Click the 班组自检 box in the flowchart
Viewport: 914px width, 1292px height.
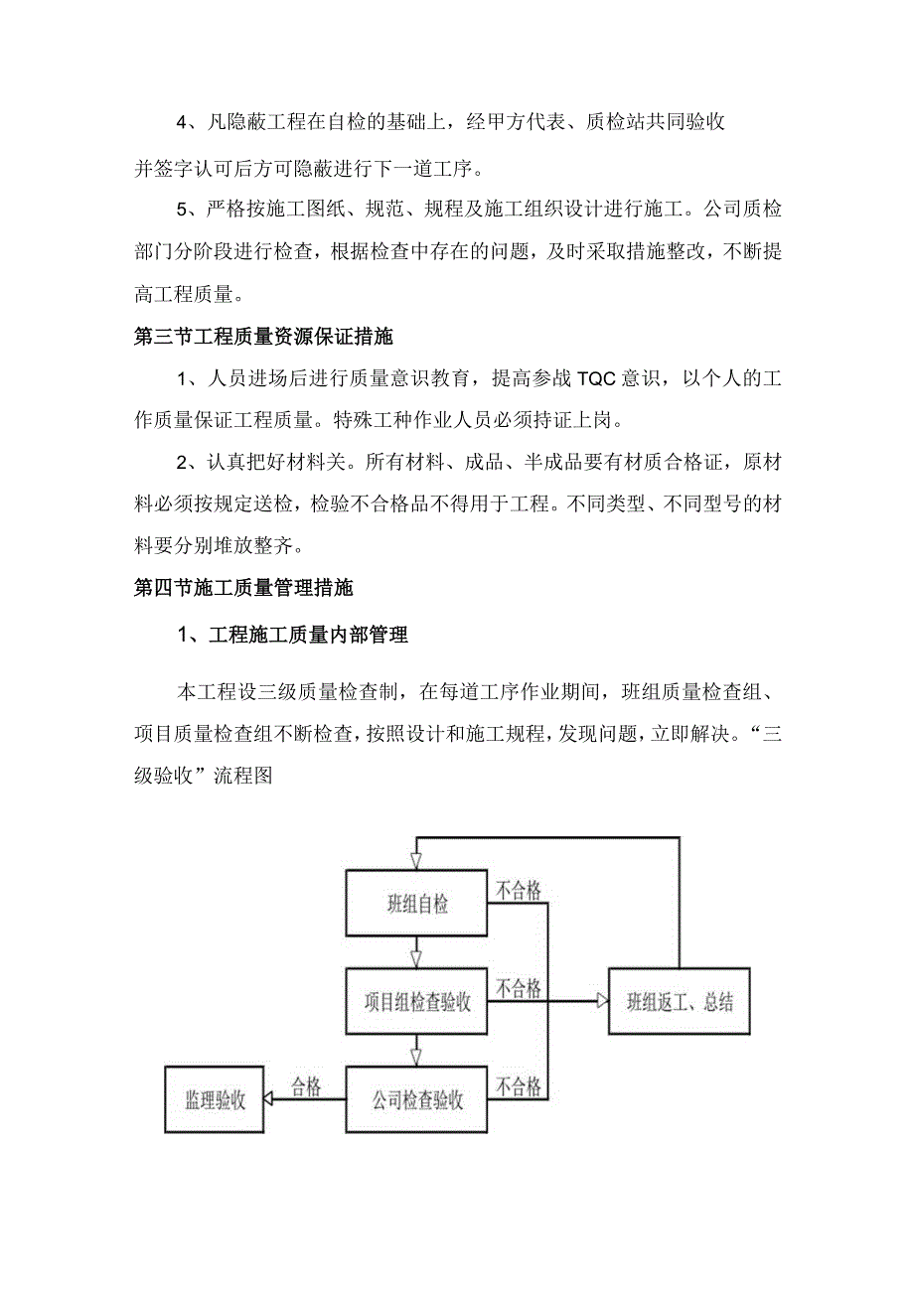417,904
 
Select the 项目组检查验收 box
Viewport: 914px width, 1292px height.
417,1002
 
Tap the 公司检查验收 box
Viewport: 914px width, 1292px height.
417,1100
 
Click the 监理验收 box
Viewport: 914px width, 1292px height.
215,1100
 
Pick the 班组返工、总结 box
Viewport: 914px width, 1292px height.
680,1002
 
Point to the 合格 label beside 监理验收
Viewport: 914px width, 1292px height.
305,1087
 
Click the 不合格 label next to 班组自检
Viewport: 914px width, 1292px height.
519,891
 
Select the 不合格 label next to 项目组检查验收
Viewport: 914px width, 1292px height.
519,988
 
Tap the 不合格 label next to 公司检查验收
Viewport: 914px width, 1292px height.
519,1086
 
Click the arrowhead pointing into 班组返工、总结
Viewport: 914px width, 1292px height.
601,1002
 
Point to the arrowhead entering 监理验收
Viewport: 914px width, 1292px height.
269,1100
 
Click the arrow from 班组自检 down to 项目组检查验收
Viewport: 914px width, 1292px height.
417,953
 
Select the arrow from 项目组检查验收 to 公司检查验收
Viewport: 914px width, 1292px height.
417,1051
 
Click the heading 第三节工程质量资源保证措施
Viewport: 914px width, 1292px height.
263,337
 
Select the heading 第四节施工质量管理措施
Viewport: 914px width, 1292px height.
243,587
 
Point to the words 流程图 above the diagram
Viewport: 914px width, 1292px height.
242,778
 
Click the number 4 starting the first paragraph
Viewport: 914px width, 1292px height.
182,122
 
